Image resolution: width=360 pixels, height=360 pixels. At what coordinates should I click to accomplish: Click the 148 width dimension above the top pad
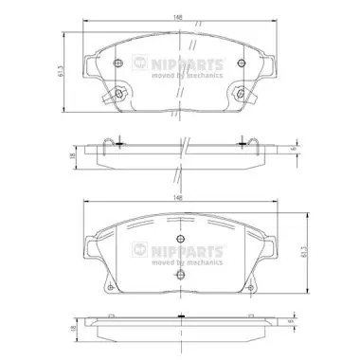tap(178, 18)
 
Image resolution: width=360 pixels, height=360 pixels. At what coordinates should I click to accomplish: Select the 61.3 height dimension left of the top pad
tap(61, 71)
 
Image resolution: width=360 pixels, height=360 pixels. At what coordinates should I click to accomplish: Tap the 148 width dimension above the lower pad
tap(178, 198)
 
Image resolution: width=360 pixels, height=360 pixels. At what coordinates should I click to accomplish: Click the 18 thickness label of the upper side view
tap(72, 155)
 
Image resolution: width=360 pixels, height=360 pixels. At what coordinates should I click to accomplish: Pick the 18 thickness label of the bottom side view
tap(72, 329)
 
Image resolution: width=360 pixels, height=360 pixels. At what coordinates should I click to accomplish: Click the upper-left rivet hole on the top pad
tap(118, 63)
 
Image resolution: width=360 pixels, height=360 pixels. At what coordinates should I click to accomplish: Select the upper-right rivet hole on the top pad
tap(242, 63)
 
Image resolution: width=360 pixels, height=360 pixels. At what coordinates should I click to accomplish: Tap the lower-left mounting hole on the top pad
tap(118, 93)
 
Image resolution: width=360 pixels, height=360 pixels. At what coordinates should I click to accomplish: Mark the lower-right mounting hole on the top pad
tap(241, 93)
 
